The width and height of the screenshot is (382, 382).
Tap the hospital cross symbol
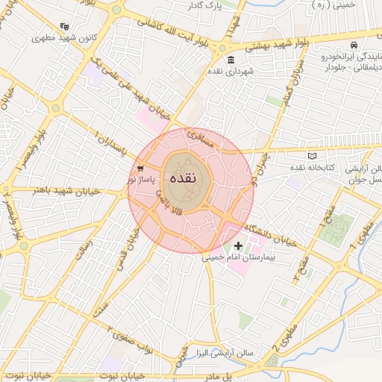coord(239,245)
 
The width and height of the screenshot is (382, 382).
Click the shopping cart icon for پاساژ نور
coord(140,170)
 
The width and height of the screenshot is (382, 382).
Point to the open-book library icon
coord(312,156)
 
